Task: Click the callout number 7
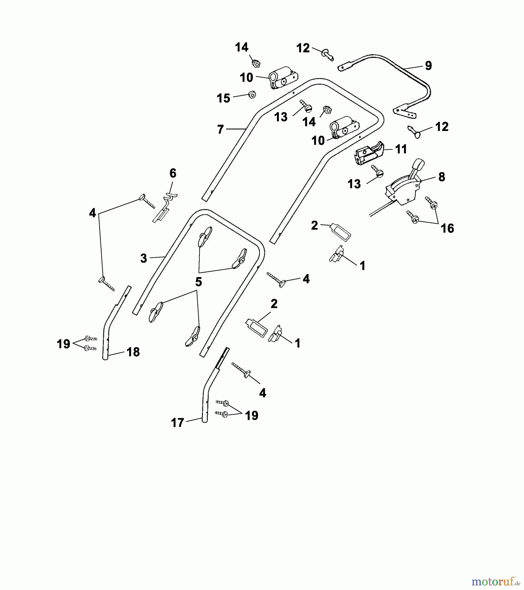click(221, 129)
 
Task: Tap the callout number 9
click(428, 66)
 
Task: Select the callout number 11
click(401, 149)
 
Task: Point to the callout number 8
click(441, 177)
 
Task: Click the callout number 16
click(447, 228)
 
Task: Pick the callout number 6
click(173, 173)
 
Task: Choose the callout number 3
click(144, 258)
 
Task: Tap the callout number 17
click(178, 423)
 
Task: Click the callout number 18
click(133, 352)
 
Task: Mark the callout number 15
click(223, 98)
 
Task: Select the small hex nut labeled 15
click(252, 95)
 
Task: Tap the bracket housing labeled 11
click(369, 153)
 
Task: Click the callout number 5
click(199, 282)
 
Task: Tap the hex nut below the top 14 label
click(256, 63)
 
